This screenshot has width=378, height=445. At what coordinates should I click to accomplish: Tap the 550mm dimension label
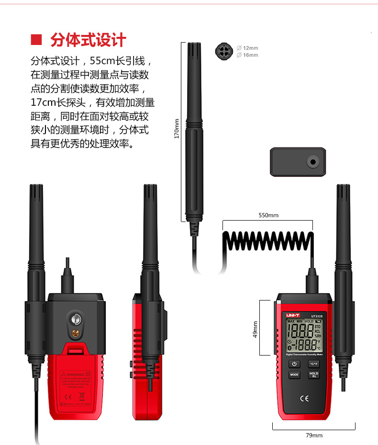tap(268, 215)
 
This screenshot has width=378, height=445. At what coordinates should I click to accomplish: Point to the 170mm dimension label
tap(176, 129)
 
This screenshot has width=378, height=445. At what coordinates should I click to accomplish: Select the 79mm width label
tap(314, 435)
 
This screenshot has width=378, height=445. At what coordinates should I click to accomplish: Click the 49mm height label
tap(255, 329)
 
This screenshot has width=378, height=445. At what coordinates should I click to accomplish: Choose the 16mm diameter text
tap(250, 55)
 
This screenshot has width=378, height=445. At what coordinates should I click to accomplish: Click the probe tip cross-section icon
tap(224, 51)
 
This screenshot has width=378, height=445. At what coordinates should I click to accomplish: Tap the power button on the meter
tap(294, 364)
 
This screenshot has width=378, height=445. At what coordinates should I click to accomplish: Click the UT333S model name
tap(317, 315)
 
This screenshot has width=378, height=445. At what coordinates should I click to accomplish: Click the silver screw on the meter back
tap(75, 318)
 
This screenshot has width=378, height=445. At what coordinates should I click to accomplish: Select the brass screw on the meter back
tap(75, 334)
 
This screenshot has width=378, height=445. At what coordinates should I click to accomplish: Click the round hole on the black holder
tap(313, 162)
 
